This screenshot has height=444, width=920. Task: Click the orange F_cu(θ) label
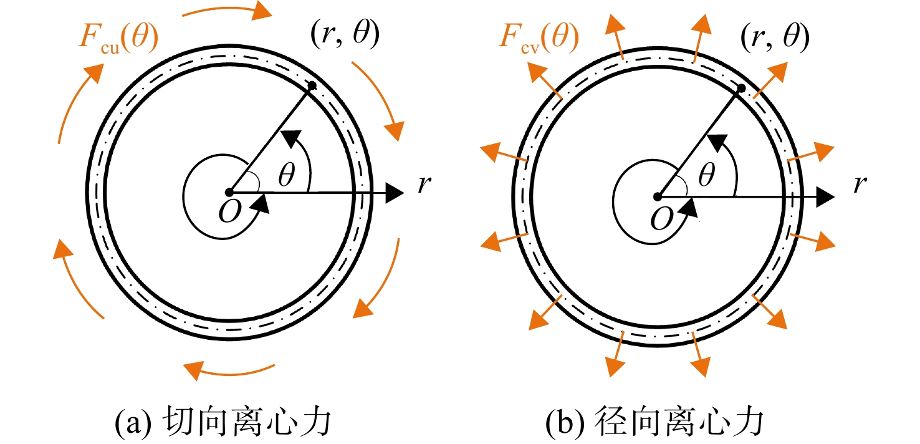pyautogui.click(x=118, y=39)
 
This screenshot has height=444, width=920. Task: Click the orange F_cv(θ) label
pyautogui.click(x=539, y=39)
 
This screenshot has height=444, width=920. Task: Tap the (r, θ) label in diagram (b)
pyautogui.click(x=775, y=37)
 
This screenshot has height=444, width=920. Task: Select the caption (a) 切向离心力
pyautogui.click(x=223, y=421)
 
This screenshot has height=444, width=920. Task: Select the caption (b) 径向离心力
pyautogui.click(x=654, y=421)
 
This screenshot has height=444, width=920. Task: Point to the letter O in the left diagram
pyautogui.click(x=229, y=211)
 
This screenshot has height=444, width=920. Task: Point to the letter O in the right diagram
pyautogui.click(x=662, y=218)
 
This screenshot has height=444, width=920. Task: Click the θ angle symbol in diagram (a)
pyautogui.click(x=287, y=174)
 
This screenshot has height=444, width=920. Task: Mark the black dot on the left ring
pyautogui.click(x=312, y=85)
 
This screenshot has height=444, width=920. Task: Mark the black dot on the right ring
pyautogui.click(x=741, y=89)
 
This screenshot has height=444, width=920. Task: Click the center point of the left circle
pyautogui.click(x=229, y=192)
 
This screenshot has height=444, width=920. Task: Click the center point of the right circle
pyautogui.click(x=658, y=197)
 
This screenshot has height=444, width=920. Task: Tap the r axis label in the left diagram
pyautogui.click(x=424, y=185)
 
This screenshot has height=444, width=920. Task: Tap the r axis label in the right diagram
pyautogui.click(x=860, y=185)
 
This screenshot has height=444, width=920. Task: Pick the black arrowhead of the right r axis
pyautogui.click(x=825, y=198)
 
